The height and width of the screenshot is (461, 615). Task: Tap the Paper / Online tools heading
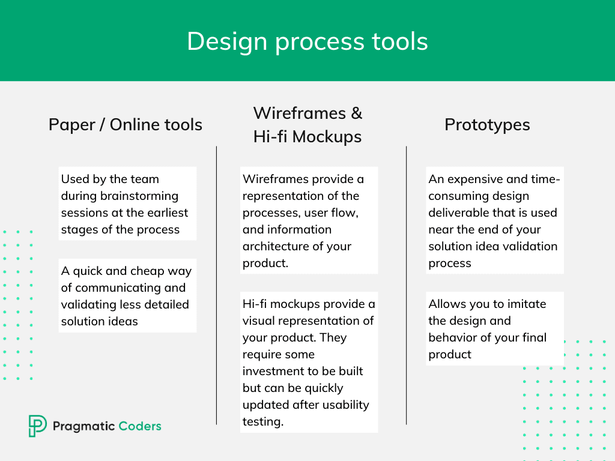point(125,125)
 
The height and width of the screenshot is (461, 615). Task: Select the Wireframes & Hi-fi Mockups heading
point(307,125)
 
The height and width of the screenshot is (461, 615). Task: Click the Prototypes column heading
point(487,125)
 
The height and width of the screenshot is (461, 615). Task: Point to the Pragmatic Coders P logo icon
point(37,426)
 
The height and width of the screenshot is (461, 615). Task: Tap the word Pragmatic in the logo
point(84,426)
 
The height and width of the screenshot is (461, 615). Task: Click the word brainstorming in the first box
point(139,196)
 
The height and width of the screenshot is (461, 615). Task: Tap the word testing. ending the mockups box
point(262,421)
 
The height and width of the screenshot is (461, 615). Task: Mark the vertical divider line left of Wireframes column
point(216,285)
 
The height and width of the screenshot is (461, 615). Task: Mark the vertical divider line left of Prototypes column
point(406,285)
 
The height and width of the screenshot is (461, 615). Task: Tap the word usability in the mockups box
point(347,405)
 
